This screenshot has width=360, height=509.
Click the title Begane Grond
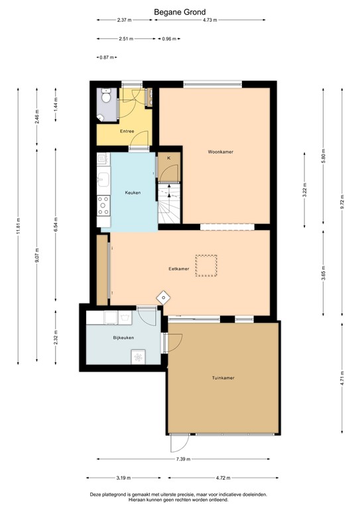point(180,12)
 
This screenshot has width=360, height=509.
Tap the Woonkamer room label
point(220,152)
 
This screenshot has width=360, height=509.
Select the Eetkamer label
point(178,269)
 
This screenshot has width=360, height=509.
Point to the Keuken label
point(133,192)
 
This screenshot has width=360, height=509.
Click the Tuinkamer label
point(223,378)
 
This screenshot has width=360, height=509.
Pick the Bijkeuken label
point(123,337)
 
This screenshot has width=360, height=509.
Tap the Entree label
point(127,131)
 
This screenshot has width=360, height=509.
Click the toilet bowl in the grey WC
point(105,96)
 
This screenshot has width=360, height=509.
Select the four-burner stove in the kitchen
point(103,205)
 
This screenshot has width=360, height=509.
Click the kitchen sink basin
point(103,179)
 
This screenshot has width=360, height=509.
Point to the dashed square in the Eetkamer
point(206,266)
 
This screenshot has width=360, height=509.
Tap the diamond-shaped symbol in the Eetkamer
point(163,297)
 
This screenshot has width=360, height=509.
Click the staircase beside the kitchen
point(169,203)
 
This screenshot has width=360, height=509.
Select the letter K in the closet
point(169,158)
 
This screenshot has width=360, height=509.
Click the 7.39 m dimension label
point(183,459)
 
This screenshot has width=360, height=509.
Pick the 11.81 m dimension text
point(18,225)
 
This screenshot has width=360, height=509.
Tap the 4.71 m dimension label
point(342,377)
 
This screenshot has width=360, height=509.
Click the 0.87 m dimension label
point(107,58)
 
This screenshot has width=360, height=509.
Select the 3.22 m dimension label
point(304,190)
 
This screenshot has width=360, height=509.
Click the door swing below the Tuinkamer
point(180,443)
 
